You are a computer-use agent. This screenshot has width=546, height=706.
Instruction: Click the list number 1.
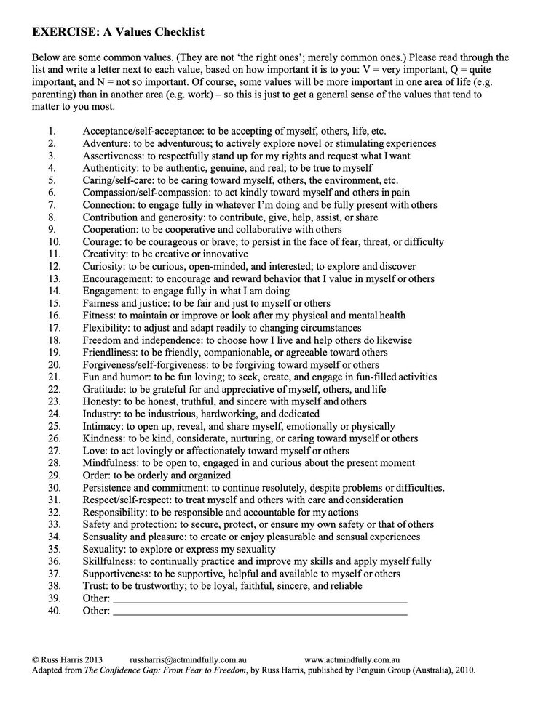click(52, 132)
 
